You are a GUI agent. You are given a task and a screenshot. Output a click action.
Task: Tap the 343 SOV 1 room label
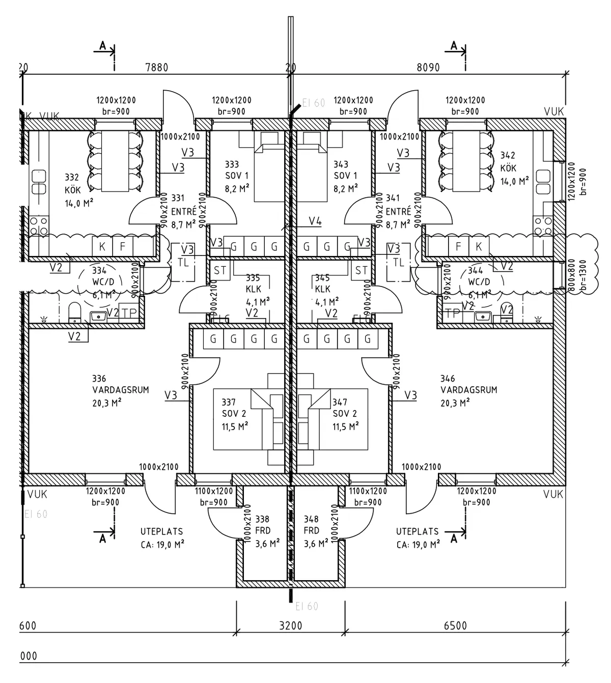click(x=345, y=176)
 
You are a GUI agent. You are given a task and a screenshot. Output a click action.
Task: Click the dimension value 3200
click(x=291, y=625)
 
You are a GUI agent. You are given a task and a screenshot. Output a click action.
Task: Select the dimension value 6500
click(x=455, y=625)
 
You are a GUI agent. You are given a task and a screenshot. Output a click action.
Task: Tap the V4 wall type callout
click(x=315, y=221)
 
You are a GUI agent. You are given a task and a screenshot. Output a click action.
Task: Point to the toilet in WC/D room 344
click(x=507, y=312)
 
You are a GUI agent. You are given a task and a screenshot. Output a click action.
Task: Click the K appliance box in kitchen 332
click(x=102, y=247)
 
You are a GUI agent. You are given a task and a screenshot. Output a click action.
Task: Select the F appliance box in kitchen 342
click(x=458, y=247)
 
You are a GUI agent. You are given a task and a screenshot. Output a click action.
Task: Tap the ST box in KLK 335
click(x=220, y=270)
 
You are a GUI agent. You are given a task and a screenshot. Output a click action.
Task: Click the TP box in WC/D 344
click(x=452, y=313)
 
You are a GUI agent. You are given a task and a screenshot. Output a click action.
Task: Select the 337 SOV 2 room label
click(x=234, y=414)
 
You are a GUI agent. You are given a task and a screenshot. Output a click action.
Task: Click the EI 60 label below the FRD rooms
click(x=307, y=606)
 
